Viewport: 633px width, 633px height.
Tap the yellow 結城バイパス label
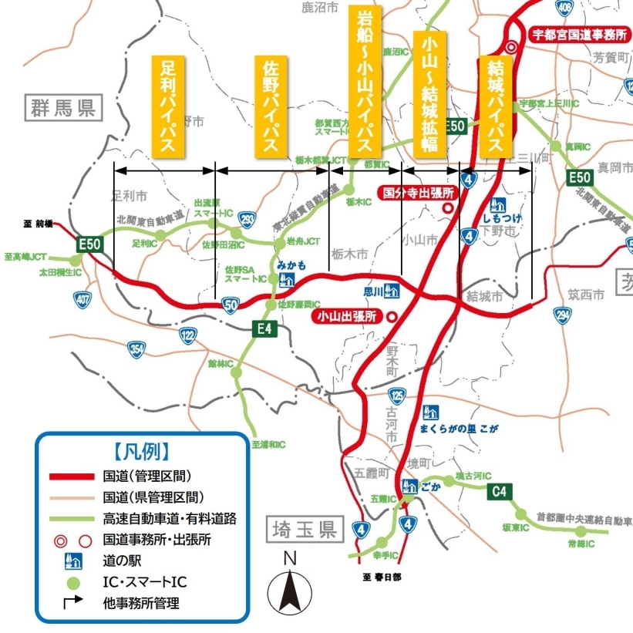click(496, 108)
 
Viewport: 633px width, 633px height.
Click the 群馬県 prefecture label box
click(62, 108)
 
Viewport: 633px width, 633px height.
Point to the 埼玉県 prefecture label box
click(305, 530)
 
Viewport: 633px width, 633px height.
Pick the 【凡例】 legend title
click(141, 451)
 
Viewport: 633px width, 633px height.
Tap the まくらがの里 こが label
click(459, 429)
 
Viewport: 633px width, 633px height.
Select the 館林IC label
click(221, 362)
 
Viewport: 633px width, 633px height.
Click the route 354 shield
click(136, 352)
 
